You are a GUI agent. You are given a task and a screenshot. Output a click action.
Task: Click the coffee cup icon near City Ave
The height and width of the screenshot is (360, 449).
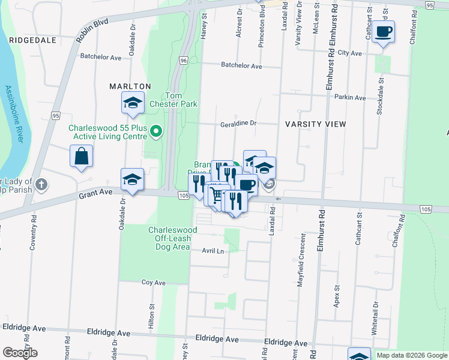(x=383, y=32)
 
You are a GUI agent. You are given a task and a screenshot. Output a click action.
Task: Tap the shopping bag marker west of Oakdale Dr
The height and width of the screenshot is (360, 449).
(x=81, y=157)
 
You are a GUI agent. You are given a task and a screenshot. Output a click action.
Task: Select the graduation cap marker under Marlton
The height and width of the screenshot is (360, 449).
(x=133, y=103)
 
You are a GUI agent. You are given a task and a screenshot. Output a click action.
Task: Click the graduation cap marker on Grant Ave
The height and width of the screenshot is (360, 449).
(x=132, y=179)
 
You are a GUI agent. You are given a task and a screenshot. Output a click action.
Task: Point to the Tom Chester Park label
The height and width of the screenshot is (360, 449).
(x=181, y=100)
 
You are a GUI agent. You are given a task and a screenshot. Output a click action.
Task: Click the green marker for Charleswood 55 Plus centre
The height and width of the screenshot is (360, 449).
(x=156, y=130)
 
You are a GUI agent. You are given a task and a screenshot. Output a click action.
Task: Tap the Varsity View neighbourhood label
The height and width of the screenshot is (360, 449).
(x=315, y=124)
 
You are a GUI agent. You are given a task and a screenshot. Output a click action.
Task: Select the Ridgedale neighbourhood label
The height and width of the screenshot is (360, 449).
(x=33, y=40)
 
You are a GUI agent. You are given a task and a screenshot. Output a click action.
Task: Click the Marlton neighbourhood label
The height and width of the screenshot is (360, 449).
(x=130, y=86)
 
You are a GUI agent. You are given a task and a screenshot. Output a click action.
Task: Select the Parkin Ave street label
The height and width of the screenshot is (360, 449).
(x=351, y=97)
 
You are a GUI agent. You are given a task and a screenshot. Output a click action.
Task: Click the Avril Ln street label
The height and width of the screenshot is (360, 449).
(x=212, y=251)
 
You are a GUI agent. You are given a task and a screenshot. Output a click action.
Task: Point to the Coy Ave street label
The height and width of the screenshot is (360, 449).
(x=153, y=282)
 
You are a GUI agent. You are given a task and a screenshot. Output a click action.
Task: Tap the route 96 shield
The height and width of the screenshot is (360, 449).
(x=183, y=61)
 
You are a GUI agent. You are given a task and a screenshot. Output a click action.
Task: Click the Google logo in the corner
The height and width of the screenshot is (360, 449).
(x=20, y=353)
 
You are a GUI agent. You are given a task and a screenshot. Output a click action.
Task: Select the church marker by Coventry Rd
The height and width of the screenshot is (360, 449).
(x=41, y=184)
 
